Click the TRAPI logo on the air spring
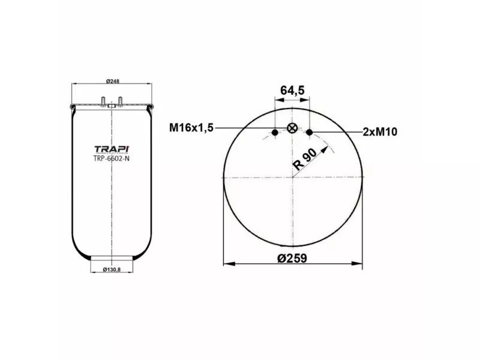112,149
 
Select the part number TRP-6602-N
112,159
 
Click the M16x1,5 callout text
191,127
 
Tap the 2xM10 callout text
381,132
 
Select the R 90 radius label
305,158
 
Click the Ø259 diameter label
292,258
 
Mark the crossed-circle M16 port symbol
292,128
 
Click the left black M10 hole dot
275,132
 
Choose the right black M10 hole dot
310,132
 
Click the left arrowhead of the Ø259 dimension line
226,263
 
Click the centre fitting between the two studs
111,106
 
